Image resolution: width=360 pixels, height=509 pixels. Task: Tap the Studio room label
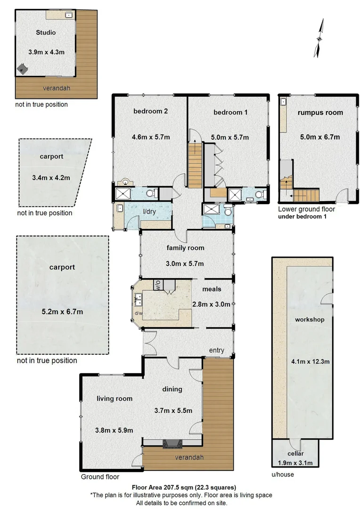pos(46,33)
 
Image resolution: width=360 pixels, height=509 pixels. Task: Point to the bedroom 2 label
pos(150,112)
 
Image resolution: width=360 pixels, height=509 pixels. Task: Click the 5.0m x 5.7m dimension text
pos(230,137)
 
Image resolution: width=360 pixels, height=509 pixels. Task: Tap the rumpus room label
pos(320,113)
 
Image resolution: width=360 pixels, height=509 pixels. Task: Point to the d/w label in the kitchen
pos(139,313)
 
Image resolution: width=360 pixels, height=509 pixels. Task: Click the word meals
pos(212,288)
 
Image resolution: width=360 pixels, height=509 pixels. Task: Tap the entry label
pos(217,350)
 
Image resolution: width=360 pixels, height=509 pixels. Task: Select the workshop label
pos(309,320)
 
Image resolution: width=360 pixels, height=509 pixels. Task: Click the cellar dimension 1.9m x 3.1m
pos(295,462)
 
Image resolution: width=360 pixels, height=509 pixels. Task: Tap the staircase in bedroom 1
pos(195,165)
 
